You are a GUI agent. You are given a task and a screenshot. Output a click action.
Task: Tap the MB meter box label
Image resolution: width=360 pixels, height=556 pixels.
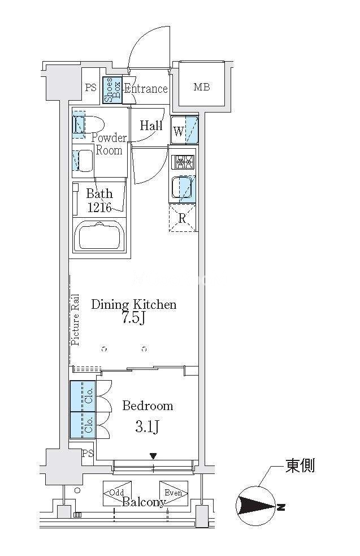coord(202,87)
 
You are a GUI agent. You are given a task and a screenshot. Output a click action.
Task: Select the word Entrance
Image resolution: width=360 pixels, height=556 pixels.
coord(146,88)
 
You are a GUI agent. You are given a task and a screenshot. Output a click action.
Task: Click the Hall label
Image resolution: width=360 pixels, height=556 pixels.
coord(151,125)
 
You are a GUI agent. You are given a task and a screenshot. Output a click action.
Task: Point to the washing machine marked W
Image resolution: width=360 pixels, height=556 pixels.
coord(184,130)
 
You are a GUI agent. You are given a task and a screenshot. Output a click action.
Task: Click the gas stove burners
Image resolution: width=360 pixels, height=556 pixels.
coord(183,162)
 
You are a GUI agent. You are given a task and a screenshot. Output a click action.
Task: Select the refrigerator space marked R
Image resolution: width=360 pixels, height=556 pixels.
coord(182,218)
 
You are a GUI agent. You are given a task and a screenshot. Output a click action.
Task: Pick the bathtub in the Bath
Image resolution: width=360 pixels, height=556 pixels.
coord(100,236)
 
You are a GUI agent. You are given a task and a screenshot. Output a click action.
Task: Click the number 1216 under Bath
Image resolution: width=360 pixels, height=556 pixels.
coord(99,207)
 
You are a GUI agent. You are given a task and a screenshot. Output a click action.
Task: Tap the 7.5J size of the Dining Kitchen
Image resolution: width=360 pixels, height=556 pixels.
coord(133,318)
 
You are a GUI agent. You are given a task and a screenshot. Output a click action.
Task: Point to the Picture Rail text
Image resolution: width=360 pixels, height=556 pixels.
coord(75,320)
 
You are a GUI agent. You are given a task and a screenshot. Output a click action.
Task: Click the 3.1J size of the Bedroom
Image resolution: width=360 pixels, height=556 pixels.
coord(147,427)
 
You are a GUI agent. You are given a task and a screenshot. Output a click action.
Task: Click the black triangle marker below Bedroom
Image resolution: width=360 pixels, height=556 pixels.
coord(153,456)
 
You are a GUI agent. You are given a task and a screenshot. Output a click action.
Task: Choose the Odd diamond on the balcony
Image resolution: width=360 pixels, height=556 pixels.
coord(117,493)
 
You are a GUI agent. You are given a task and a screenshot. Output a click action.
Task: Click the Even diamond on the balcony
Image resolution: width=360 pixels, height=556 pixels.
coord(174,493)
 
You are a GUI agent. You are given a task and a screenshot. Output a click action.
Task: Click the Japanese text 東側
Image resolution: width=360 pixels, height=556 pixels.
coord(300,466)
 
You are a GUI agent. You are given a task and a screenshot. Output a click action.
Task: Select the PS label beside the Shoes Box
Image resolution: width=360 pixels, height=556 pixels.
coord(91,87)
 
